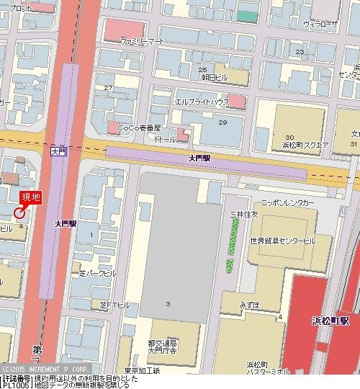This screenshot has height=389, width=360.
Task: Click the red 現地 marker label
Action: (x=30, y=197)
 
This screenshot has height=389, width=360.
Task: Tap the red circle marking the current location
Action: (x=19, y=211)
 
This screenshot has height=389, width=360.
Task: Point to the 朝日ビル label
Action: (x=214, y=76)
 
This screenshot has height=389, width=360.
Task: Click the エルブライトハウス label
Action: (x=202, y=103)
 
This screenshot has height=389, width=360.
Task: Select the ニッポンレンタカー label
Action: (x=288, y=204)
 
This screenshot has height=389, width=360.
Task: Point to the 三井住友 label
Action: (x=243, y=215)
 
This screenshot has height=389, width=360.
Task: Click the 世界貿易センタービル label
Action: (x=283, y=240)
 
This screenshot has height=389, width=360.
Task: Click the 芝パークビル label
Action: (x=96, y=274)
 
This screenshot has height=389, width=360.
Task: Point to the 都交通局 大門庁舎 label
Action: (x=162, y=347)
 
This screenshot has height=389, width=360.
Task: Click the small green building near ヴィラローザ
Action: (x=247, y=15)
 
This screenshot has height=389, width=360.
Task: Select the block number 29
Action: (x=222, y=122)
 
